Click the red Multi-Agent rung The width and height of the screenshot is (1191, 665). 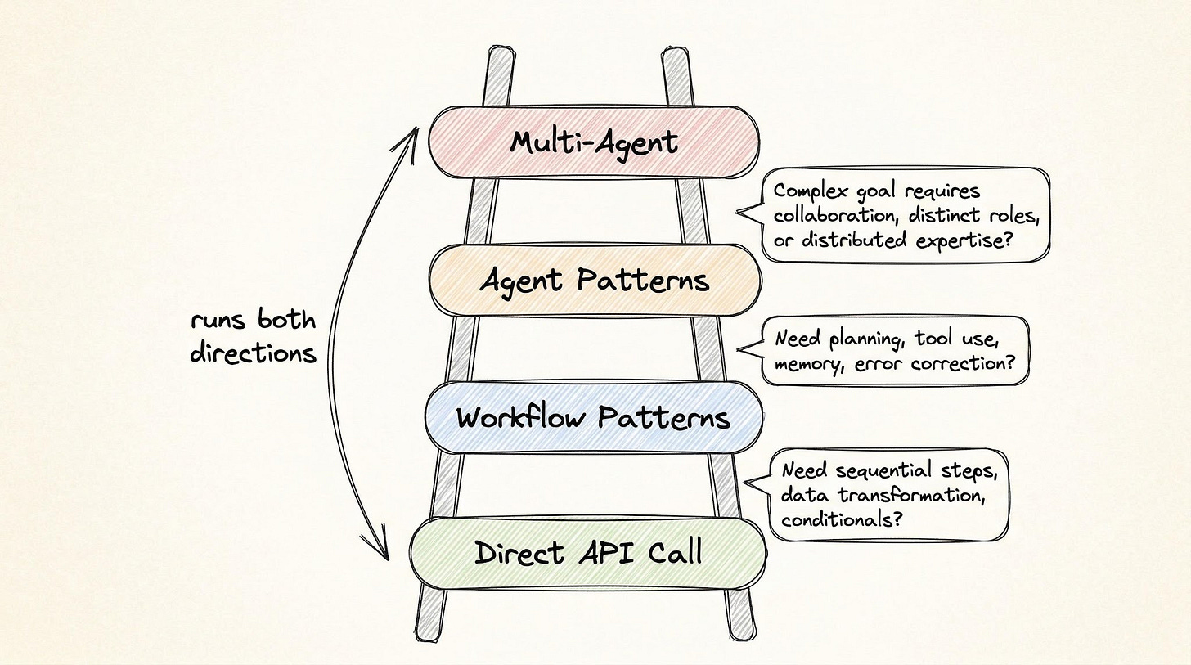point(594,142)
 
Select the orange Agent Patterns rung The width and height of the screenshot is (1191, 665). point(595,281)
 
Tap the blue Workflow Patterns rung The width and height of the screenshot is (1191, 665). point(593,417)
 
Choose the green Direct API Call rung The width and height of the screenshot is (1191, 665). point(588,553)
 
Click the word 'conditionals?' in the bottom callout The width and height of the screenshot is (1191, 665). point(842,519)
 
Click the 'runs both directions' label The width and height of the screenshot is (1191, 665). point(253,336)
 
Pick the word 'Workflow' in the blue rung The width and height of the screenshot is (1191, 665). point(519,417)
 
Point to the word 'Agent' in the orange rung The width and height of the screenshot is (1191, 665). point(521,281)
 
